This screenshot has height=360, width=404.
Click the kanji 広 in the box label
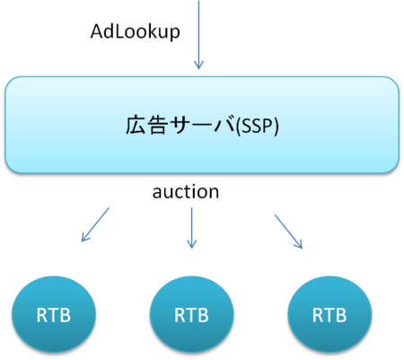pyautogui.click(x=135, y=126)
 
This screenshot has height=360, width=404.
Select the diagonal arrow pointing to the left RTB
pyautogui.click(x=95, y=224)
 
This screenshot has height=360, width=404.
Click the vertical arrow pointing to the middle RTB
pyautogui.click(x=191, y=226)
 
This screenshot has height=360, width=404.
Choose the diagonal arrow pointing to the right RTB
pyautogui.click(x=288, y=231)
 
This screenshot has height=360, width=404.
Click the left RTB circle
pyautogui.click(x=53, y=316)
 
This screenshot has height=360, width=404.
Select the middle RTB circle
pyautogui.click(x=191, y=316)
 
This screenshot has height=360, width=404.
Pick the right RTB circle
pyautogui.click(x=329, y=316)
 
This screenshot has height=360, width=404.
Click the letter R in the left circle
pyautogui.click(x=41, y=316)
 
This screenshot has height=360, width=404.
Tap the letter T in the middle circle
pyautogui.click(x=191, y=316)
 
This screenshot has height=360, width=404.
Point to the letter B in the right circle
pyautogui.click(x=340, y=316)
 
